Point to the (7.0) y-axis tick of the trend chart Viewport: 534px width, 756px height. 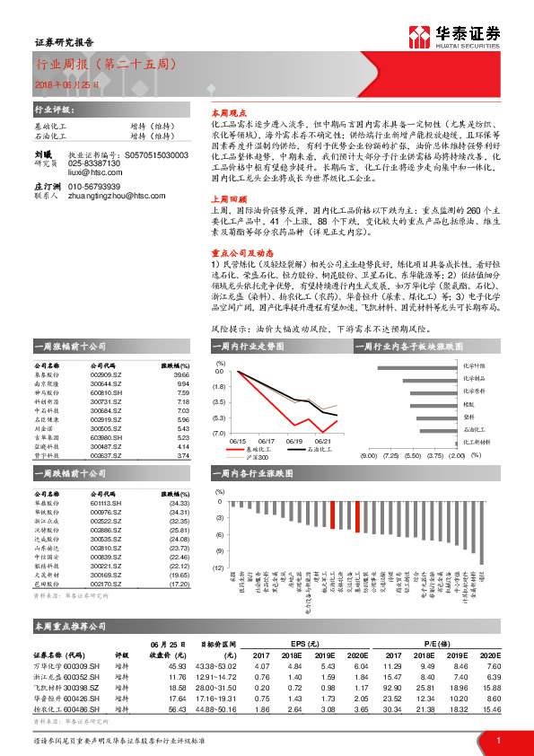(x=218, y=434)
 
